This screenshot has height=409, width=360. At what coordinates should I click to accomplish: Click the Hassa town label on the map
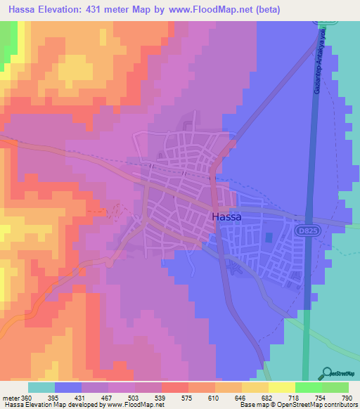(226, 217)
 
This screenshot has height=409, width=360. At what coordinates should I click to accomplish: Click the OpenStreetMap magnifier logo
(328, 374)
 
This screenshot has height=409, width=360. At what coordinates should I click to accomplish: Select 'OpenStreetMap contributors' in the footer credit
(317, 405)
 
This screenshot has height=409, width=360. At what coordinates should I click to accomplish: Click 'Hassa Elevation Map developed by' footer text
(52, 405)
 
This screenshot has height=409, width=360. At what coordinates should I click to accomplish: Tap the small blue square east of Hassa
(272, 237)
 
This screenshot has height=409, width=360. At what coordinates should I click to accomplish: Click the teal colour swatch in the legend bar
(41, 387)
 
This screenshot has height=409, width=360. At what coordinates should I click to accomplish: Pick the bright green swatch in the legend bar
(308, 387)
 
